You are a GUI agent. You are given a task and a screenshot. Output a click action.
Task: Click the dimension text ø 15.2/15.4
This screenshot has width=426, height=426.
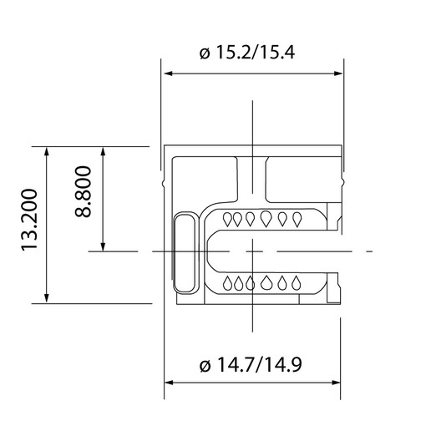pos(250,53)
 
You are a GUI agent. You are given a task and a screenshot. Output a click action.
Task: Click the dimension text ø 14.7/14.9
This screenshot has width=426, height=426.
pos(250,364)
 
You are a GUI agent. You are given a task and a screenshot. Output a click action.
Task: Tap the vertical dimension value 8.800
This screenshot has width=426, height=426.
pos(83,199)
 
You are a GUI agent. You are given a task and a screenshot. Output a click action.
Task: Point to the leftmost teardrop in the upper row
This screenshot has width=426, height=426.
pos(236,219)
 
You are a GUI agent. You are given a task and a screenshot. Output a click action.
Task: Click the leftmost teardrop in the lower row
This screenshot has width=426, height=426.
pos(236,282)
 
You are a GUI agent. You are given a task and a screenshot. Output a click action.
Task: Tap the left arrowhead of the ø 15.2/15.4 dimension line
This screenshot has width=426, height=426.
pos(167,74)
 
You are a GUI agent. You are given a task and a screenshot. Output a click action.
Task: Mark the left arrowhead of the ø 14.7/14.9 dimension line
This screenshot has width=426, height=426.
pos(167,383)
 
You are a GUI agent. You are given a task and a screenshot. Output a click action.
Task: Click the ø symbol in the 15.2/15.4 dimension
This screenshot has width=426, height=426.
pos(205,54)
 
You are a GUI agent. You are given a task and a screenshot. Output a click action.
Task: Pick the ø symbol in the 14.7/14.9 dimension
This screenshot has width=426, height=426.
pos(205,365)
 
